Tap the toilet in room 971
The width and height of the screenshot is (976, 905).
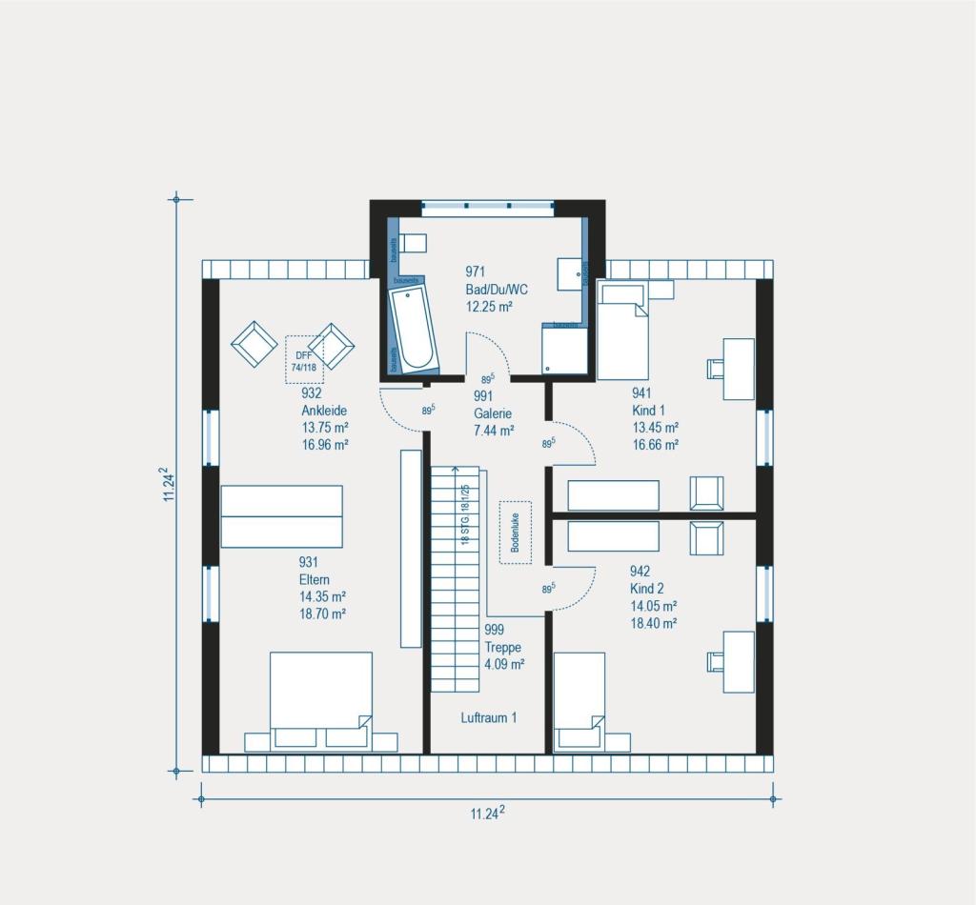410,244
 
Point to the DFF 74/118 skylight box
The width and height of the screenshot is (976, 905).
305,359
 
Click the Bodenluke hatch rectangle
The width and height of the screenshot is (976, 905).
515,533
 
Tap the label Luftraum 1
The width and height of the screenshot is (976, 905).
488,717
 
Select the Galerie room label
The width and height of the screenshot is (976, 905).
493,413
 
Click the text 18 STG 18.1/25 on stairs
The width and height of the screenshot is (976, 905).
465,514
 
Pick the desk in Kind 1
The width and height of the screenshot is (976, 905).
738,369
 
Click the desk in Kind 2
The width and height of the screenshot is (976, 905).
738,661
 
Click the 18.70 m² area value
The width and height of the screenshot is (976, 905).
322,613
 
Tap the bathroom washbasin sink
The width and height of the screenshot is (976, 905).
569,271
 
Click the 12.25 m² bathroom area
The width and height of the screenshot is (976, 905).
490,307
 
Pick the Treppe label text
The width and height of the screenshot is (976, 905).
502,647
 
